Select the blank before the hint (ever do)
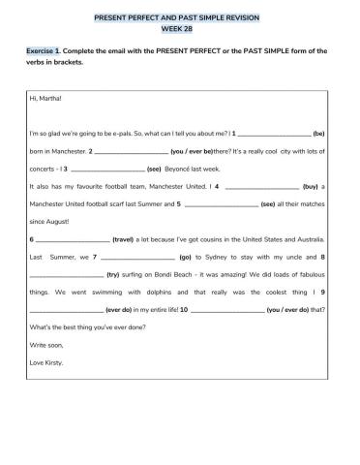point(67,309)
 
